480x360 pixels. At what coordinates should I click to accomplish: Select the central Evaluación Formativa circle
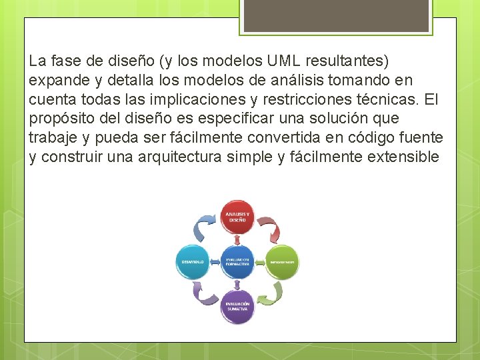(x=237, y=261)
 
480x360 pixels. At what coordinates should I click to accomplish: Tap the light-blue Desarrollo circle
(x=193, y=262)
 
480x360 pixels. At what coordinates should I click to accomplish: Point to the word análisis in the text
(x=280, y=80)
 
